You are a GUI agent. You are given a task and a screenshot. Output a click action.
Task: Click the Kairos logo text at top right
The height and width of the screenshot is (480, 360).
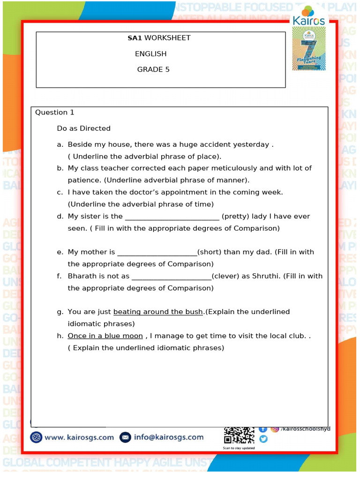point(308,20)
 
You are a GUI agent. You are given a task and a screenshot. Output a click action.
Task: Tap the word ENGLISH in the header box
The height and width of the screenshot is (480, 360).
point(151,53)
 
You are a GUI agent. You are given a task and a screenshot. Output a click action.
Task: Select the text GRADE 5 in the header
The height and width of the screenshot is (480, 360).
point(153,69)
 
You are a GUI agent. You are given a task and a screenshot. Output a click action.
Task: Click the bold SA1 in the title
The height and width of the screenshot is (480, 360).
point(135,37)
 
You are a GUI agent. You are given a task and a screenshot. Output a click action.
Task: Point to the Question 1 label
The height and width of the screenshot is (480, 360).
point(55,112)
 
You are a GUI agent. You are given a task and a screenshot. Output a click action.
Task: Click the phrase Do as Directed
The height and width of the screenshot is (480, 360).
point(84,128)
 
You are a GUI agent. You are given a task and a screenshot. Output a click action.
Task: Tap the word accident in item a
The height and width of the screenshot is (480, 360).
point(220,144)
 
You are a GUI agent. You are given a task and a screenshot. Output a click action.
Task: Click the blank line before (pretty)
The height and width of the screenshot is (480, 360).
point(172,217)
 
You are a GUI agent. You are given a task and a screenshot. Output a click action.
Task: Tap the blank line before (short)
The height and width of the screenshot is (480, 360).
point(157,253)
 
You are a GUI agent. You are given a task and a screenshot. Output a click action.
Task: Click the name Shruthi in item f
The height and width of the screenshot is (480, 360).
point(266,276)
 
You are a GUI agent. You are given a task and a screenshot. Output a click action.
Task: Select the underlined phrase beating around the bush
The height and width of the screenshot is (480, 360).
point(158,312)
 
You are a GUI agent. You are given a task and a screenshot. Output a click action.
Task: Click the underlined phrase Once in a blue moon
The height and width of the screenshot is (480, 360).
point(105,336)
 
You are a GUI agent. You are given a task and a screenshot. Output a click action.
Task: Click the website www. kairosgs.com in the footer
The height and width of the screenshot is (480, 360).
point(79,437)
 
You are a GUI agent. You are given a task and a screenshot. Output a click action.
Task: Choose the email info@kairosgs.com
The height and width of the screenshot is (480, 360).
point(169,437)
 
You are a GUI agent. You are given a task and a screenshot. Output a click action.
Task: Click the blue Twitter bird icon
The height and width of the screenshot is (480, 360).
point(263,439)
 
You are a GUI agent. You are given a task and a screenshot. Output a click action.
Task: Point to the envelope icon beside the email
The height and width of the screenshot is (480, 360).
point(125,437)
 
